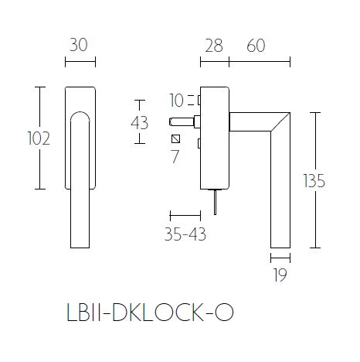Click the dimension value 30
tap(78, 45)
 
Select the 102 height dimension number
tap(38, 139)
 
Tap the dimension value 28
tap(213, 45)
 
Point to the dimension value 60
tap(257, 45)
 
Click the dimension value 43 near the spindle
tap(141, 122)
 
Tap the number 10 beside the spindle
tap(177, 101)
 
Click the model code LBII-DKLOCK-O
tap(145, 313)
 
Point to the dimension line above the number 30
tap(78, 60)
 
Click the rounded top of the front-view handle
tap(78, 115)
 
